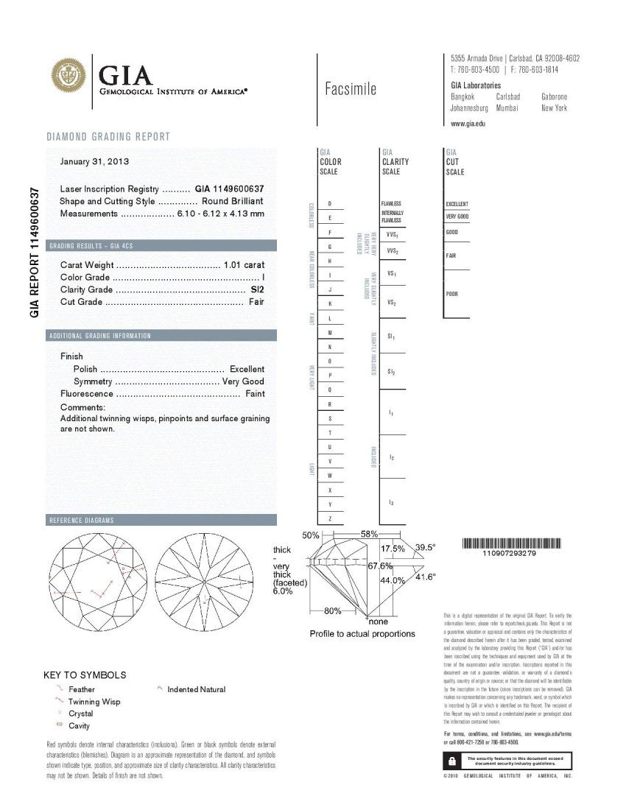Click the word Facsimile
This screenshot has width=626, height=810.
coord(351,89)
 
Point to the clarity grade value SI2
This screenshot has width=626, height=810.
coord(257,289)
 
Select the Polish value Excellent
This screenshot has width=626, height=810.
coord(247,369)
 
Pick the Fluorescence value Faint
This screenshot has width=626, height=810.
coord(254,394)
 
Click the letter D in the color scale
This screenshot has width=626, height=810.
coord(329,204)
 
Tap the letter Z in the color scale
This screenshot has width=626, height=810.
coord(329,519)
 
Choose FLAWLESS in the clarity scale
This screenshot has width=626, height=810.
coord(391,204)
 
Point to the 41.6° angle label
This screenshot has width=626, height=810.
coord(426,577)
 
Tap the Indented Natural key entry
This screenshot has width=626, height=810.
coord(196,689)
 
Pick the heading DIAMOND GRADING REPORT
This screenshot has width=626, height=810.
coord(108,137)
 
